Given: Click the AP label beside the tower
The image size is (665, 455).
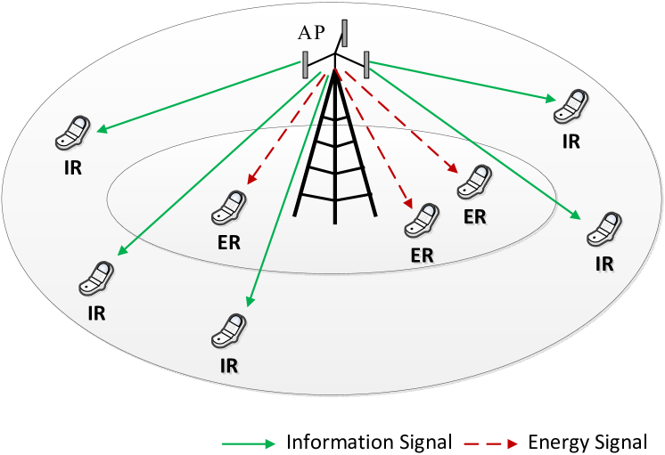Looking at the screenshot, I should point(311,35).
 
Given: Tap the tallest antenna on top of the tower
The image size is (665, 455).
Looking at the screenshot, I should point(344,32).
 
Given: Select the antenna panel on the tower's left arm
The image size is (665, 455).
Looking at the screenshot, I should point(305,64).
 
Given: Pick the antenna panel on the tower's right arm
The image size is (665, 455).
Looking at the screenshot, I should point(365,63).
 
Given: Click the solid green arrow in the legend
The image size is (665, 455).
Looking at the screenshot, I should point(249,443).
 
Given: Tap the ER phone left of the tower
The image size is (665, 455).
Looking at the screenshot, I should point(229,209).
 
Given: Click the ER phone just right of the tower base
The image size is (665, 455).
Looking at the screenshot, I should point(422,220).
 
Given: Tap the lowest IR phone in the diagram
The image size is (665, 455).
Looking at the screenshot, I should point(229,331).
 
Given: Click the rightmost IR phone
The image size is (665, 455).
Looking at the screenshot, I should point(604,230).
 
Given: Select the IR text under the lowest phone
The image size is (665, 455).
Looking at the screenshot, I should point(229,365).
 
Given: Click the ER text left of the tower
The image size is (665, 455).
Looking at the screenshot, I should point(229,243).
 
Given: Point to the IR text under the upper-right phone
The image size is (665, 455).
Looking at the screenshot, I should point(571,141).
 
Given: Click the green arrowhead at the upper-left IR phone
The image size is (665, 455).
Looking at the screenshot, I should point(102,130).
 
